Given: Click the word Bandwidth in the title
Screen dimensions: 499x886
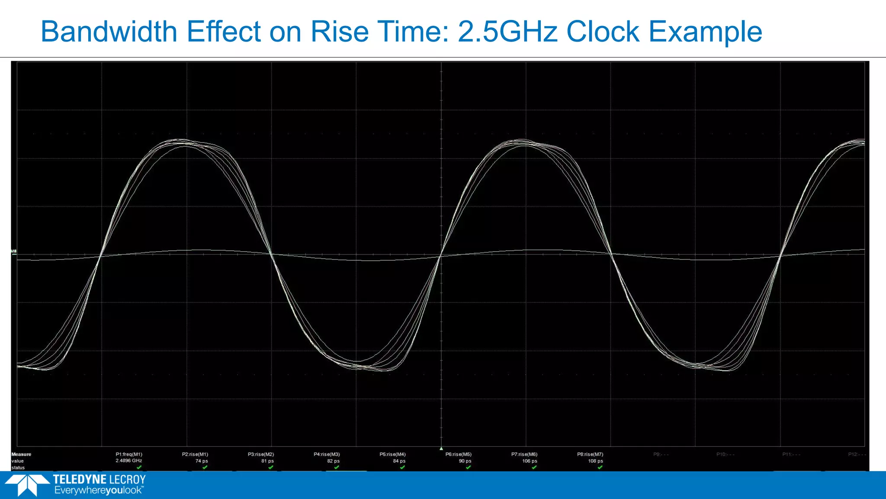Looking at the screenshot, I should tap(109, 32).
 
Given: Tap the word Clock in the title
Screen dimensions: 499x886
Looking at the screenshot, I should tap(603, 32).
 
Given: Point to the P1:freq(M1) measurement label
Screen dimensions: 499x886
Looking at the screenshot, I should tap(129, 454).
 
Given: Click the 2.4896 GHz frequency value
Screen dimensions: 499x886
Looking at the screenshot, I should tap(129, 461).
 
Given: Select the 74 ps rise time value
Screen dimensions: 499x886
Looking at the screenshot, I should tap(202, 461).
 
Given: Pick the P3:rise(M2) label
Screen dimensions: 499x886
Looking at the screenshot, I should tap(261, 454).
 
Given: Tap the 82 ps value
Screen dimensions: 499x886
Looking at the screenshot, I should tap(334, 461).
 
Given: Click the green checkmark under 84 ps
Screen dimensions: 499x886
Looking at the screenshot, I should tap(402, 467).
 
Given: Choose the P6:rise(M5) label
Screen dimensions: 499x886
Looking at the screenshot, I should tap(459, 454).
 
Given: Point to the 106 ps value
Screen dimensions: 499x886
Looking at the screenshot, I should tap(530, 461).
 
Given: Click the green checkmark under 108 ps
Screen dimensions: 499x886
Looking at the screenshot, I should tap(600, 467).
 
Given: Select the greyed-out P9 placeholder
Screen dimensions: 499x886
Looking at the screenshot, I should tap(661, 454).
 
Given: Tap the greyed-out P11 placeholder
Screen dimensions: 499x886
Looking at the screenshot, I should tap(791, 454).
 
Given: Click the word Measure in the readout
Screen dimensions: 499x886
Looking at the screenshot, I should tap(21, 454).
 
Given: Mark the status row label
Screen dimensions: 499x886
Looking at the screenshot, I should tap(18, 468).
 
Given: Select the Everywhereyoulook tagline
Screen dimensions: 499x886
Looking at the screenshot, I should tap(99, 490).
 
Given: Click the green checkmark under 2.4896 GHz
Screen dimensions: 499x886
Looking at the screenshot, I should tap(139, 467).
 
